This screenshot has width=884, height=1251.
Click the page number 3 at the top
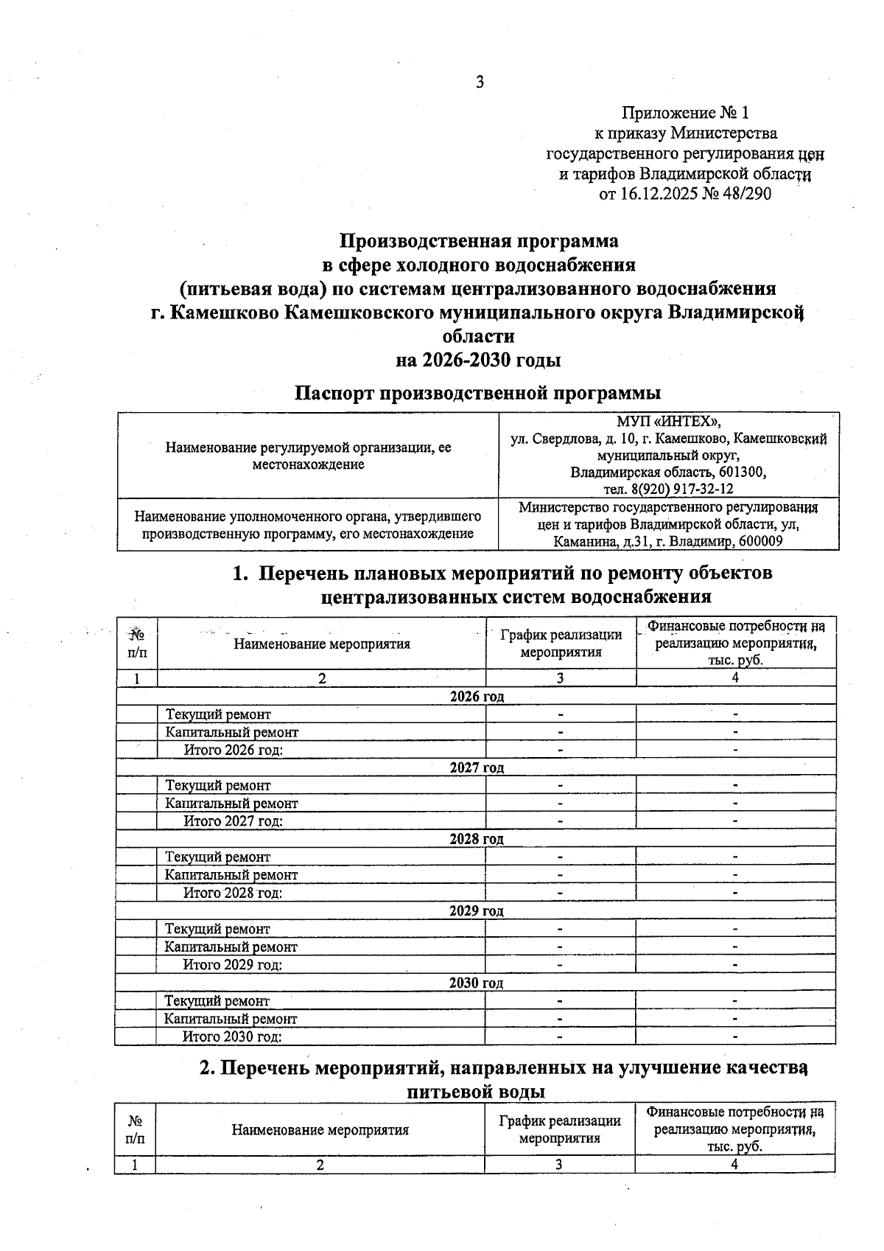pos(480,83)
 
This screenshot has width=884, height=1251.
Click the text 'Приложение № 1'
pos(685,113)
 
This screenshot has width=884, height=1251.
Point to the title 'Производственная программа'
pos(478,241)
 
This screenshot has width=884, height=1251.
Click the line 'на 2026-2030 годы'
pos(478,360)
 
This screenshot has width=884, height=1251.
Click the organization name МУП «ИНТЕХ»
pos(668,422)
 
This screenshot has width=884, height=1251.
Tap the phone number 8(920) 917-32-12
pos(684,489)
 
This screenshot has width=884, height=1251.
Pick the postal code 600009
pos(760,542)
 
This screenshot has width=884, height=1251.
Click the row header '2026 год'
pos(477,697)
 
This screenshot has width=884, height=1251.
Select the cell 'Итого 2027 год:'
pos(233,821)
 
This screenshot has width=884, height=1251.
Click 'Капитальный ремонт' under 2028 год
pos(231,875)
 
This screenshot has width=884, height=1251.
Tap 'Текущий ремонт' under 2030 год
pos(217,1001)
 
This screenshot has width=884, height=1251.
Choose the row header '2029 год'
pos(476,911)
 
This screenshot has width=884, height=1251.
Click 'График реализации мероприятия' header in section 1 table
pos(561,643)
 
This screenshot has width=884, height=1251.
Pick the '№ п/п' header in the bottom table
pos(136,1129)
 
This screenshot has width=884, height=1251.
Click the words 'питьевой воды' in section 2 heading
pos(476,1092)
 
